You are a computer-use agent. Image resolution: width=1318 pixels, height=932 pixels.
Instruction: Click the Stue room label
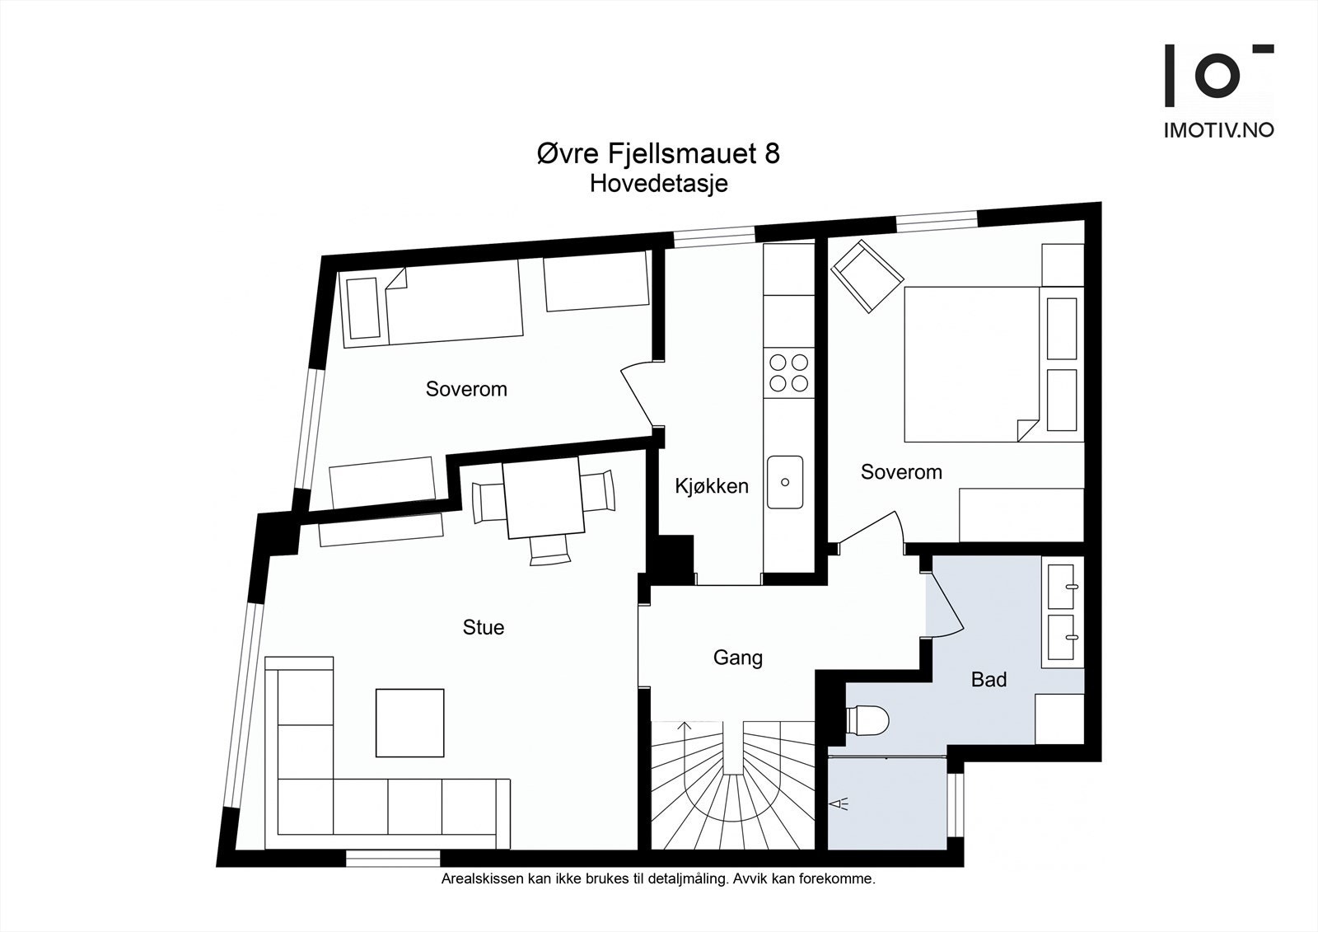484,628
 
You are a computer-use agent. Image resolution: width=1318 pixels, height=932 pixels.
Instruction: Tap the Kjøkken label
712,486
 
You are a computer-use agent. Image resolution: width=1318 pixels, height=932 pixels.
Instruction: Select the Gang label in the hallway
737,658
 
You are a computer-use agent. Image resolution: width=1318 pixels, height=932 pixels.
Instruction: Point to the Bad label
988,680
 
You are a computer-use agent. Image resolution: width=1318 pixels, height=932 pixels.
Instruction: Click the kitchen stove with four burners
788,372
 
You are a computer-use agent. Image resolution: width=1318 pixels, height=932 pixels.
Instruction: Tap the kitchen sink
786,482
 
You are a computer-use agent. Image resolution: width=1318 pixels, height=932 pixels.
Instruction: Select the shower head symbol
841,804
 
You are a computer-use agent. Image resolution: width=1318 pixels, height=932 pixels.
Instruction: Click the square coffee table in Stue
409,723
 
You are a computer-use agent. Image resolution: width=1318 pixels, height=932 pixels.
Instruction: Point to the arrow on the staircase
682,728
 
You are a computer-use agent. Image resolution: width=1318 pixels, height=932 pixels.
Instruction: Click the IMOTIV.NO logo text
1218,130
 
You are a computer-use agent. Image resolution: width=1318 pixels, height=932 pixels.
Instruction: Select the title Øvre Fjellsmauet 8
658,154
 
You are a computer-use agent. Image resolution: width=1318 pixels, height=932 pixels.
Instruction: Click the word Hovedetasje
658,184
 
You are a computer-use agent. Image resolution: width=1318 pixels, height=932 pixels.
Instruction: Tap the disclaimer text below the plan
658,879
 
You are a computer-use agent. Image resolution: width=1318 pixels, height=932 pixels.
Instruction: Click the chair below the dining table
549,550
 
